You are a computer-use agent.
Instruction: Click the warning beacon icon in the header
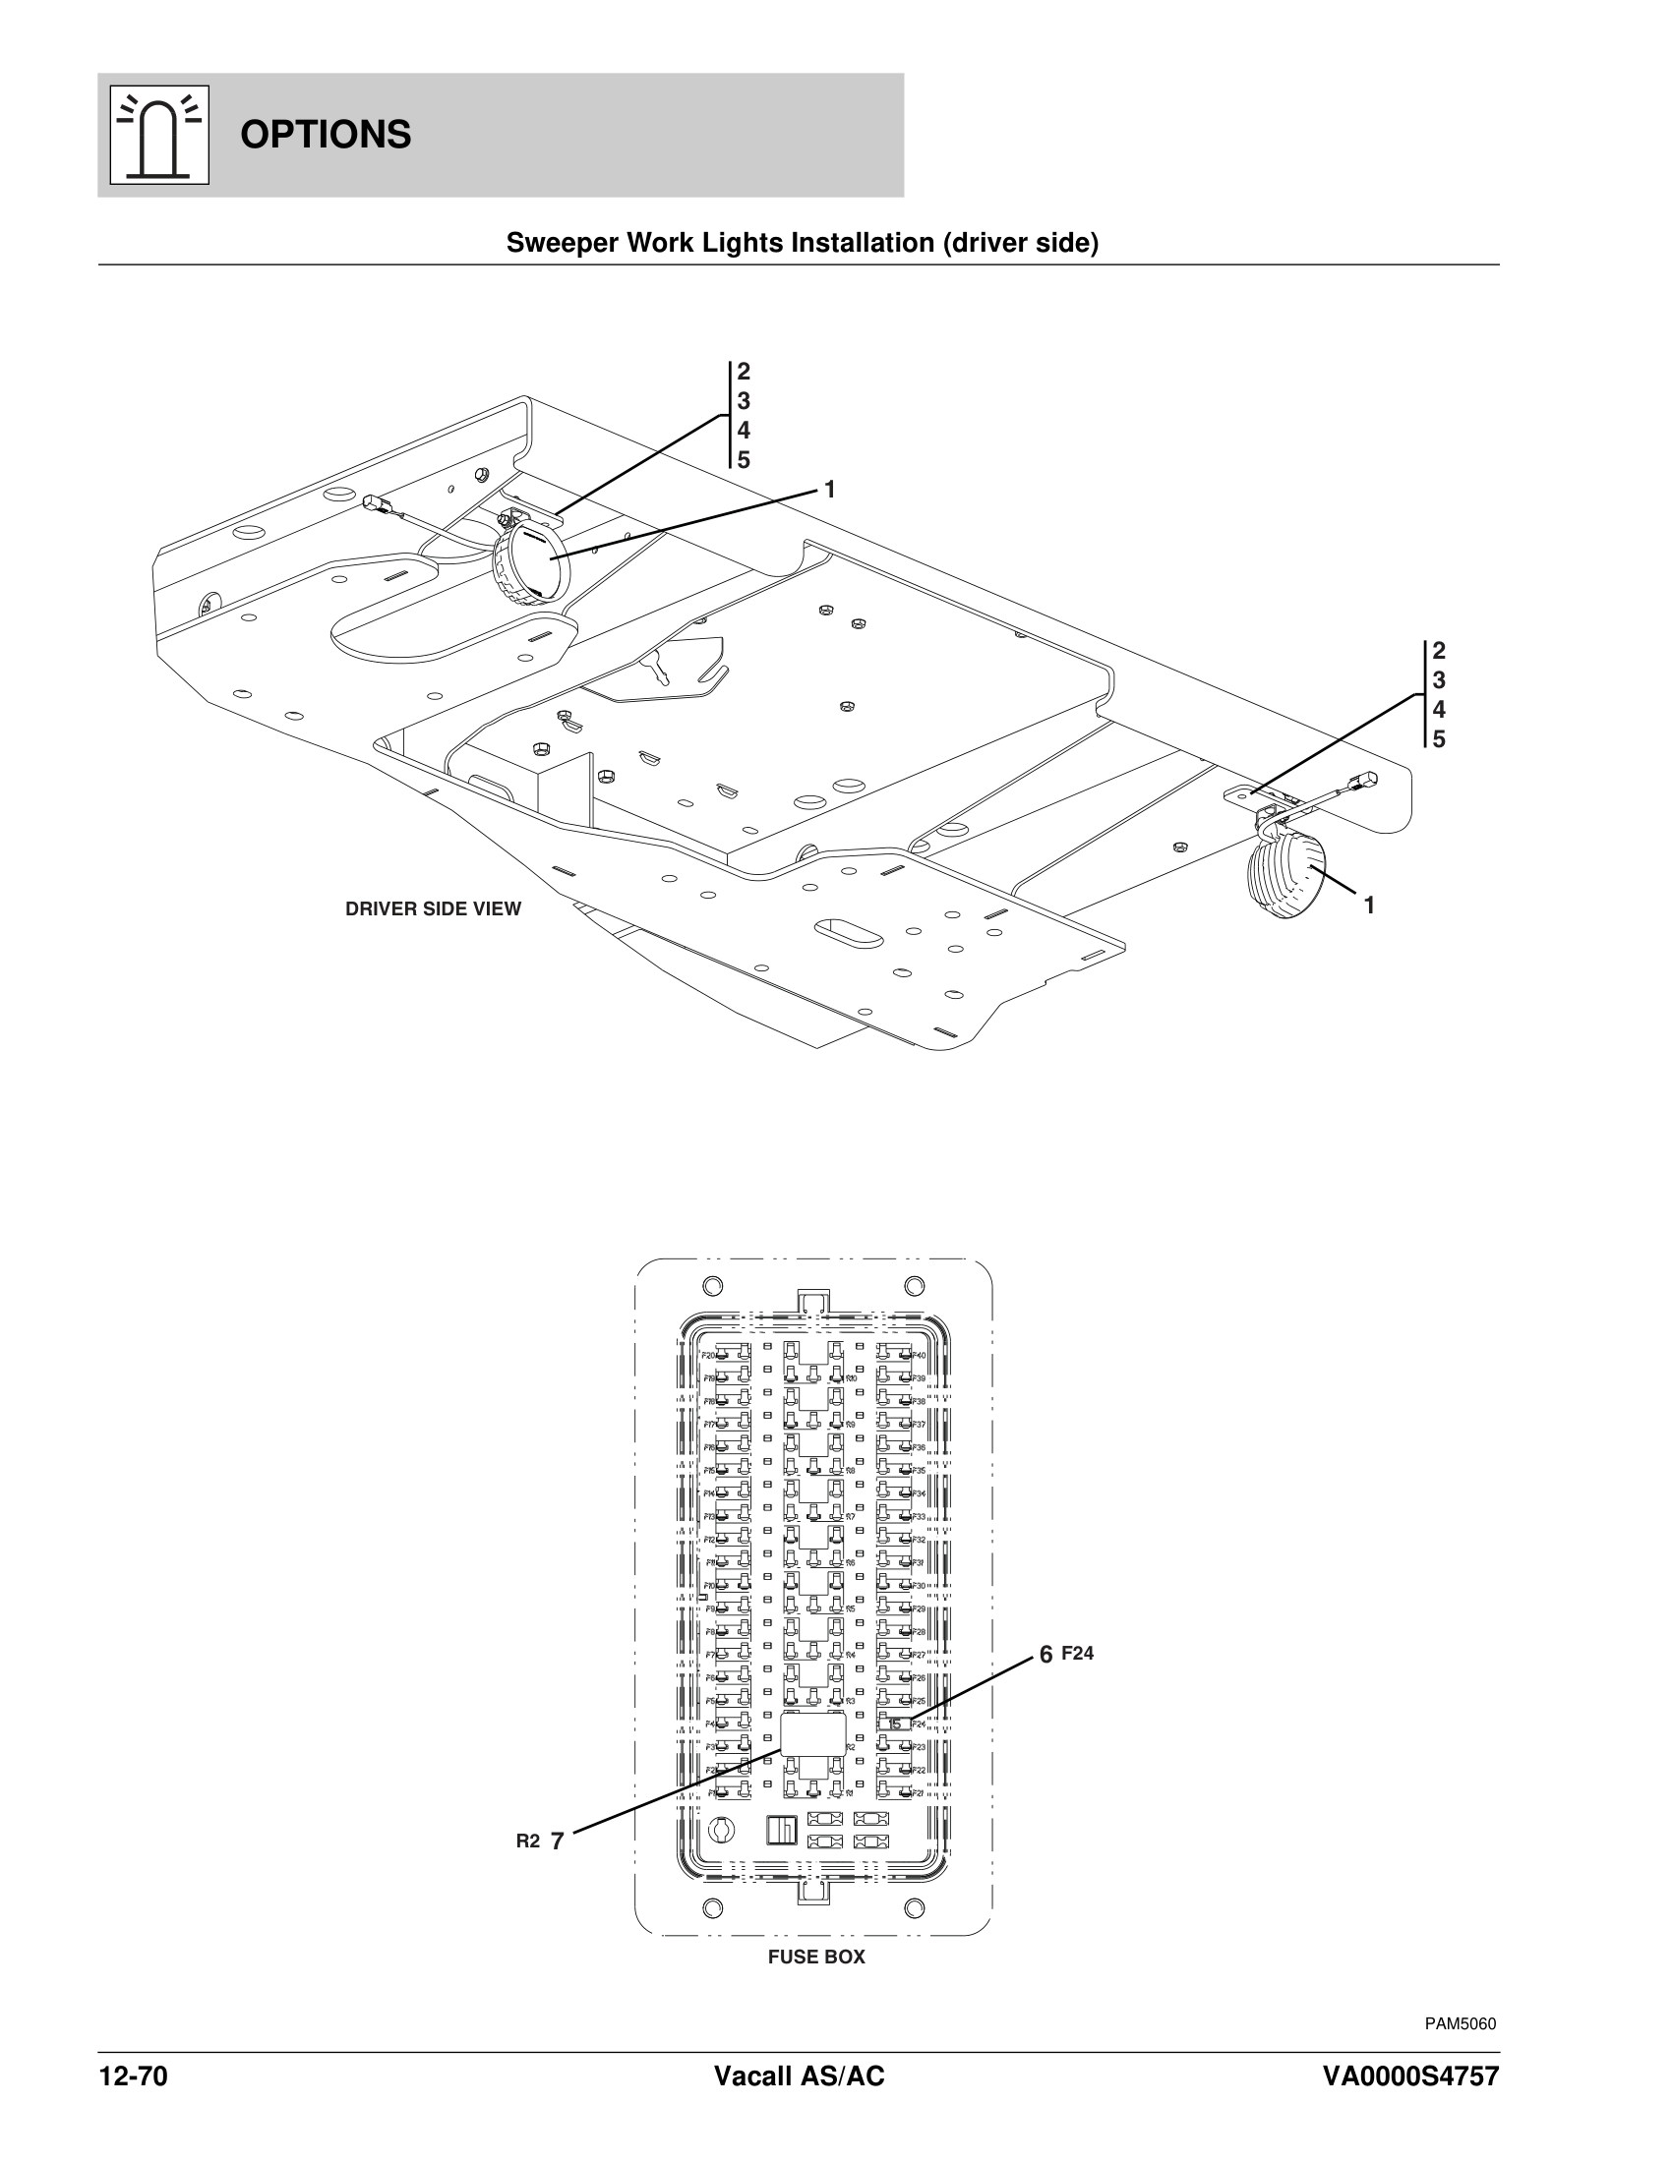[x=158, y=135]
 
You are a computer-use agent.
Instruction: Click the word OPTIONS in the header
[x=325, y=135]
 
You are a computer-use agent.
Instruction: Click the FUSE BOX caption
[x=816, y=1957]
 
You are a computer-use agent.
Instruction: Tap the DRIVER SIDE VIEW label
[x=433, y=909]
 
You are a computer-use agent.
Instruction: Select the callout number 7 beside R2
[x=558, y=1842]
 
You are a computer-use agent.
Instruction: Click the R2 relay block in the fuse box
[x=813, y=1734]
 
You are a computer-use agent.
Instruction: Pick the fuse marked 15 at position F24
[x=894, y=1725]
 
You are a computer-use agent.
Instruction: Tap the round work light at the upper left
[x=531, y=562]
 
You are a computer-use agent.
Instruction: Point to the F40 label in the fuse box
[x=919, y=1355]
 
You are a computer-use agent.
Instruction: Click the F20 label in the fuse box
[x=708, y=1355]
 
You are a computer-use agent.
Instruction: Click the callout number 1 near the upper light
[x=830, y=490]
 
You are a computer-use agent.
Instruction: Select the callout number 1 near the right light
[x=1369, y=905]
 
